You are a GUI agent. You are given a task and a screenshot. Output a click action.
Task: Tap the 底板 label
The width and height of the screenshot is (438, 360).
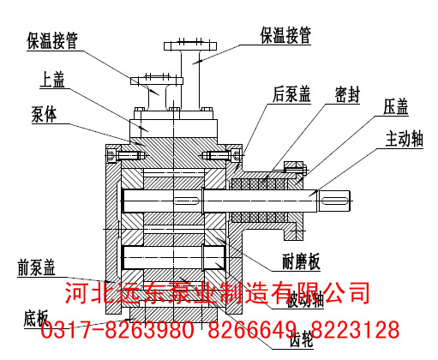click(x=33, y=316)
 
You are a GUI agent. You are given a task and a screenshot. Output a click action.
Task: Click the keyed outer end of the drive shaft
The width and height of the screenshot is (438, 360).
click(x=335, y=200)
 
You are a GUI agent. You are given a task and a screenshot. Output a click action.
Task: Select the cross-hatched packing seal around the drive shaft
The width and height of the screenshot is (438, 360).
click(x=262, y=183)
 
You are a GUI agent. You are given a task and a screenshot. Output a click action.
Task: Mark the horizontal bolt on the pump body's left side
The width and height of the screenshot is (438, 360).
click(x=131, y=155)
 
